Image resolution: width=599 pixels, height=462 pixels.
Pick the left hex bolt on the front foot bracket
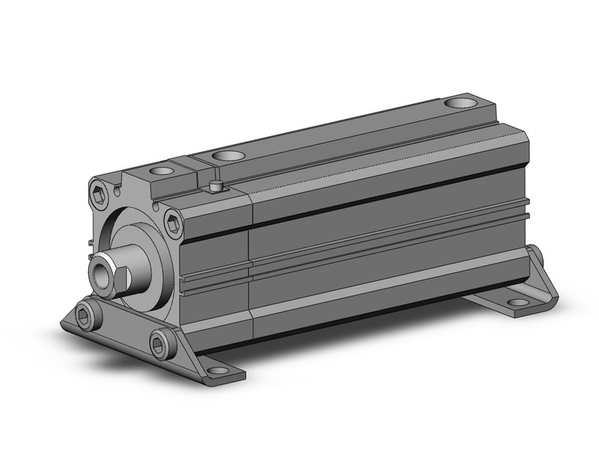87,316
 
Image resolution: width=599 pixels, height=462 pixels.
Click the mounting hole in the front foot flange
214,368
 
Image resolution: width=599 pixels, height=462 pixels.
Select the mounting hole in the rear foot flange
517,301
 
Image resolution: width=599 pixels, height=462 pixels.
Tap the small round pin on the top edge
214,187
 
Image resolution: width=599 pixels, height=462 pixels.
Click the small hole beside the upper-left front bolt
117,190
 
